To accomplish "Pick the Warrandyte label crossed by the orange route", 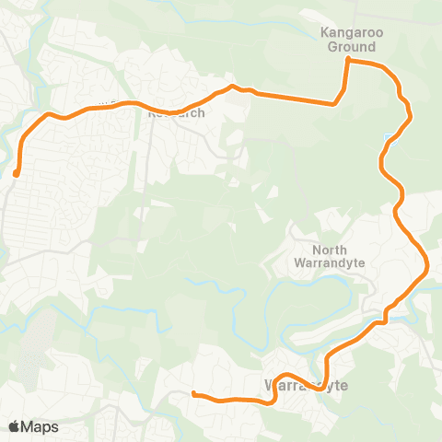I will click(306, 385).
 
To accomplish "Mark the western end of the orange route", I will click(17, 172).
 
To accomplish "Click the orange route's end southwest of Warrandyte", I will click(193, 394).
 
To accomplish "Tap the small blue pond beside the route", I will click(385, 139).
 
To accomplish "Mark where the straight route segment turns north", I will click(332, 104).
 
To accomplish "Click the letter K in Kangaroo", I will click(324, 32).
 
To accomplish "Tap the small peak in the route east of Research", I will click(233, 87).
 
